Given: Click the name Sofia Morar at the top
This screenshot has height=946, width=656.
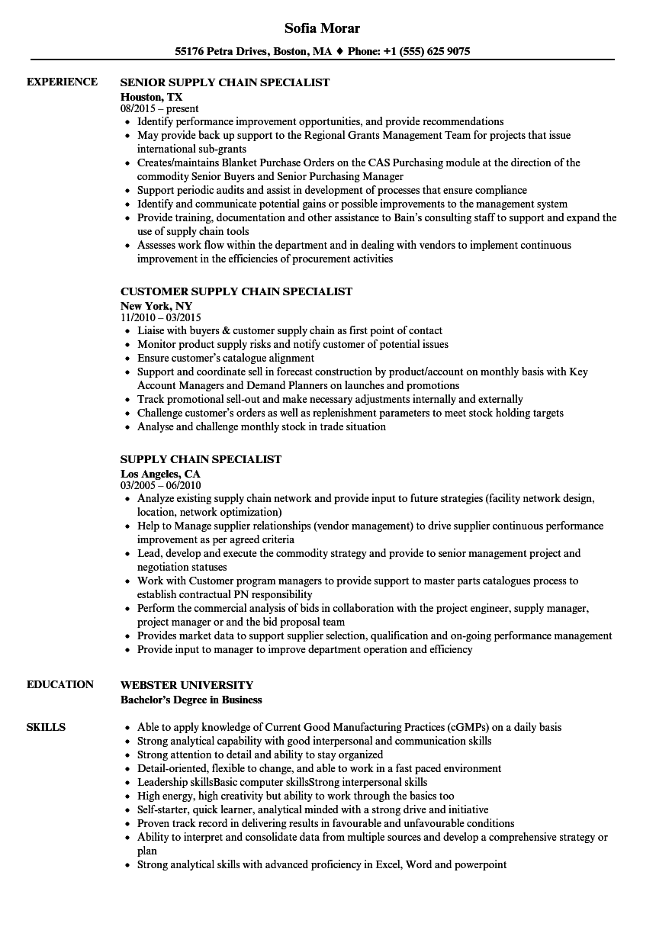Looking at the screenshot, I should pyautogui.click(x=322, y=28).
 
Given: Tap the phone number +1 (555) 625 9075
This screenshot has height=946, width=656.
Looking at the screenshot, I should pyautogui.click(x=429, y=52).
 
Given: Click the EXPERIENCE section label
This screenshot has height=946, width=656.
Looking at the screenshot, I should pyautogui.click(x=62, y=82).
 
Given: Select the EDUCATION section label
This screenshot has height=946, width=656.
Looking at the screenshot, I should pyautogui.click(x=60, y=684).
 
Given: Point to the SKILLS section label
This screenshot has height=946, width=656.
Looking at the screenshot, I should pyautogui.click(x=47, y=727).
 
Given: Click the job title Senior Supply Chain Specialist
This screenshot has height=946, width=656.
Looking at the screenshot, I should pyautogui.click(x=225, y=82).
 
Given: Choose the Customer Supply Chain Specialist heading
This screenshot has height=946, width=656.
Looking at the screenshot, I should pyautogui.click(x=236, y=291).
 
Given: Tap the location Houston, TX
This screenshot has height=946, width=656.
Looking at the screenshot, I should pyautogui.click(x=152, y=97).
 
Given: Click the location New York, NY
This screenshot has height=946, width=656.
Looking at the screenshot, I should pyautogui.click(x=156, y=306).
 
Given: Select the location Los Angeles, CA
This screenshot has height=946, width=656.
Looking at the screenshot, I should pyautogui.click(x=160, y=474).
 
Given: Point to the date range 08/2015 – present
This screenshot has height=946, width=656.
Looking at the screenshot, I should pyautogui.click(x=159, y=109).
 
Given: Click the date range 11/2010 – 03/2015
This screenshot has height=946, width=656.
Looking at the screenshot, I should pyautogui.click(x=161, y=317).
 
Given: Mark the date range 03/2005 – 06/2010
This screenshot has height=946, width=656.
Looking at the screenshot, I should pyautogui.click(x=161, y=485).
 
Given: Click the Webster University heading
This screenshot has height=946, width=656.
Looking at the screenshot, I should pyautogui.click(x=187, y=685).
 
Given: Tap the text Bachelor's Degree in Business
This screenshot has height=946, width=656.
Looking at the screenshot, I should pyautogui.click(x=191, y=700).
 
